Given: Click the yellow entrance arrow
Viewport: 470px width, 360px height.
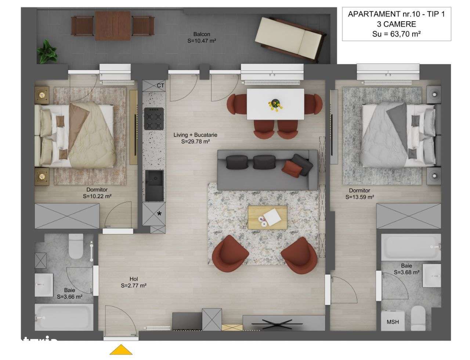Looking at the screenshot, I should pos(121,350).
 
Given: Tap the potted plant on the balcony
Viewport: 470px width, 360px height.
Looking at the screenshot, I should pos(47,52).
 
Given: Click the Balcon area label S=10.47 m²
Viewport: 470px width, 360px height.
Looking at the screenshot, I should pos(201,41).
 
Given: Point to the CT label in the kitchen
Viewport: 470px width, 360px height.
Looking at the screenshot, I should pos(160,86).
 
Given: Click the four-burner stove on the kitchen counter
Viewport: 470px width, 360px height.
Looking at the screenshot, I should pos(153,118).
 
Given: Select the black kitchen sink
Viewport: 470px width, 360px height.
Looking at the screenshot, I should pos(154,185).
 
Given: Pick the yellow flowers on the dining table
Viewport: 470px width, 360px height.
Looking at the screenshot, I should pos(276,104).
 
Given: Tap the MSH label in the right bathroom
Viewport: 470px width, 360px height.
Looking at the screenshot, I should pos(393,322).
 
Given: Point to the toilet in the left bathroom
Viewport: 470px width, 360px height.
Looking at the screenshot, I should pos(76,246).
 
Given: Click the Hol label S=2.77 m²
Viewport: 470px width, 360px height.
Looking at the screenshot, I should pos(134,282).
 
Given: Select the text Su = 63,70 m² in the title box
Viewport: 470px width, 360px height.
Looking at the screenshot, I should pos(396,34).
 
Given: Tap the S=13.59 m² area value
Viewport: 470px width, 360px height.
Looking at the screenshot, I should pos(359,197).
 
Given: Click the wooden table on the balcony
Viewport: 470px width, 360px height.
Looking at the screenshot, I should pos(113,25).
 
